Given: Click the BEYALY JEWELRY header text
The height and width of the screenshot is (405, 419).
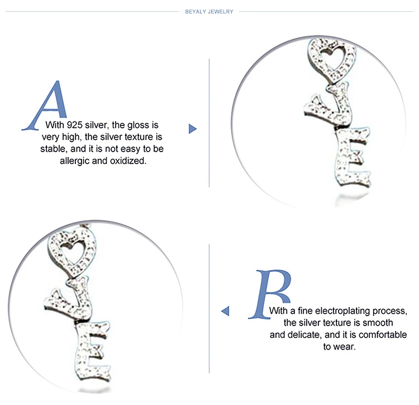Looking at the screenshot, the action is [209, 12].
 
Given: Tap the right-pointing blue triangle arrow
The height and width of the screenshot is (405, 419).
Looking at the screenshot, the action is [192, 129].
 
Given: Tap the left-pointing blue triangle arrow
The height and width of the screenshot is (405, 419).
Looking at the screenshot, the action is [226, 311].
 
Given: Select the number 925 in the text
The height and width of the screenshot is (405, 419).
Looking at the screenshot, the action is [74, 125].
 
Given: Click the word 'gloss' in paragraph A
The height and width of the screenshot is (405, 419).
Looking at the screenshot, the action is [138, 125].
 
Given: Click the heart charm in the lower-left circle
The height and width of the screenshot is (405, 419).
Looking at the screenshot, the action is [72, 252].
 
